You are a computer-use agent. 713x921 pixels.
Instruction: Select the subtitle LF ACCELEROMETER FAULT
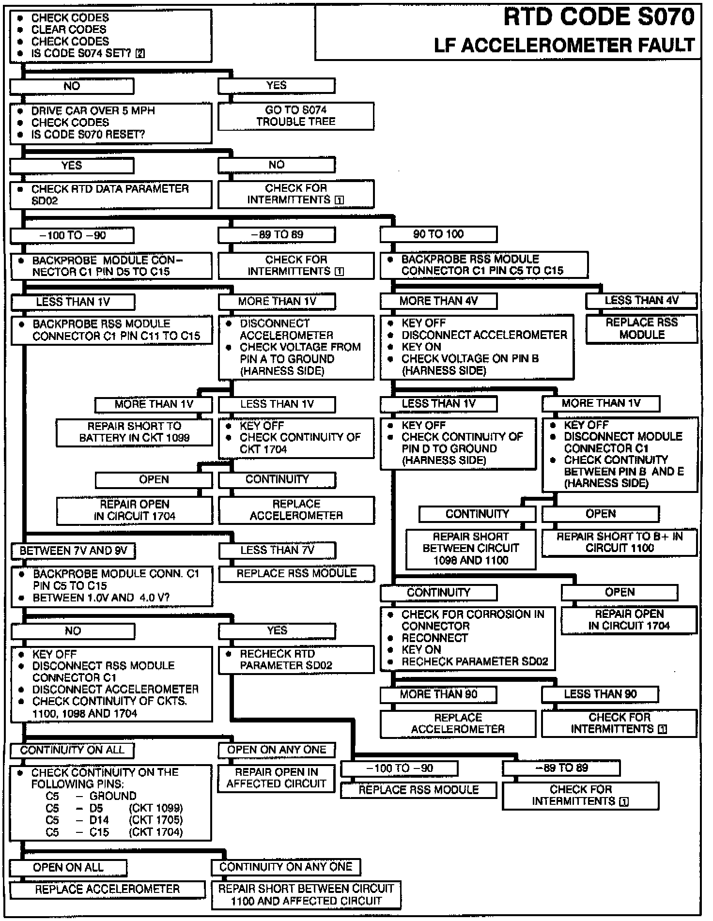click(x=564, y=46)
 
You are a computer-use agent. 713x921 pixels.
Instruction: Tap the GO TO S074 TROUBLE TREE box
click(x=295, y=116)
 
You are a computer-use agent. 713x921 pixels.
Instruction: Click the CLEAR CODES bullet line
click(x=69, y=30)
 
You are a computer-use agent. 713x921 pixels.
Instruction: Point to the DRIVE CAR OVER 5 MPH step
click(x=93, y=111)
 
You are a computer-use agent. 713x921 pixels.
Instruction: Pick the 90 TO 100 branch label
click(x=438, y=234)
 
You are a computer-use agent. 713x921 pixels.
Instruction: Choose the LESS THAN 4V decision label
click(x=641, y=301)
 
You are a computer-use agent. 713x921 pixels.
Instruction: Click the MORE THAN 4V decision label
click(x=438, y=301)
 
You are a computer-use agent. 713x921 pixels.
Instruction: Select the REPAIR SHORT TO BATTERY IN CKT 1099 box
click(x=134, y=432)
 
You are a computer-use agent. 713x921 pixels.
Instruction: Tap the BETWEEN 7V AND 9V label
click(x=73, y=551)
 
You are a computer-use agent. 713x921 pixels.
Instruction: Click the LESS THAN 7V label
click(x=277, y=550)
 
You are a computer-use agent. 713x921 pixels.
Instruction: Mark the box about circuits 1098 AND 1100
click(x=470, y=549)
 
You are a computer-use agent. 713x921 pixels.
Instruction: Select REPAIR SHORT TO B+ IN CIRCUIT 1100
click(x=620, y=542)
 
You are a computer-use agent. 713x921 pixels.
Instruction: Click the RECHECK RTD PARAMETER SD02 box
click(x=296, y=660)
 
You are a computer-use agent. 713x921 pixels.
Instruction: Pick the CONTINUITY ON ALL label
click(x=72, y=750)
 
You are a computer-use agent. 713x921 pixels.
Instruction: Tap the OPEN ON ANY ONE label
click(x=277, y=750)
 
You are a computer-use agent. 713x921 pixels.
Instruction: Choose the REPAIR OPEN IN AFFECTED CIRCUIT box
click(x=276, y=778)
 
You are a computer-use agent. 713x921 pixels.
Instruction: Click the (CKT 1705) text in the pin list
click(x=155, y=820)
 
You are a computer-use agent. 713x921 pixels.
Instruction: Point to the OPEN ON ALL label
click(x=68, y=867)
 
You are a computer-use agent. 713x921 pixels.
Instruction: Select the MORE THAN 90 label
click(x=438, y=694)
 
